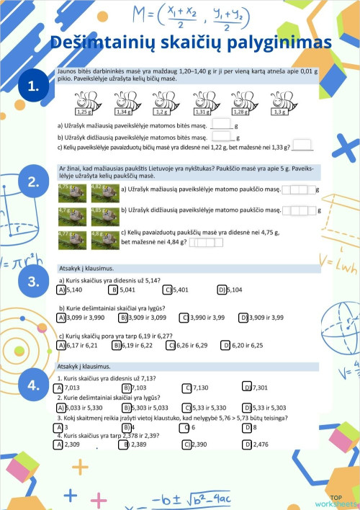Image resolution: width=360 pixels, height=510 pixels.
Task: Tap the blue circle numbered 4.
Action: coord(33,385)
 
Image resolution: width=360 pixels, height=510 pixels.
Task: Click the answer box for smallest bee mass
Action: coord(220,124)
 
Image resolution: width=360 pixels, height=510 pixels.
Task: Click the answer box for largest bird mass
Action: coord(299,210)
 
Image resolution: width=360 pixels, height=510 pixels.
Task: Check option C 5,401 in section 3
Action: coord(168,290)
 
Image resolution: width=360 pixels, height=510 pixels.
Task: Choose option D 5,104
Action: coord(222,290)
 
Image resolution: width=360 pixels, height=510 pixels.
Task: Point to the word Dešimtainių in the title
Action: coord(107,43)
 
